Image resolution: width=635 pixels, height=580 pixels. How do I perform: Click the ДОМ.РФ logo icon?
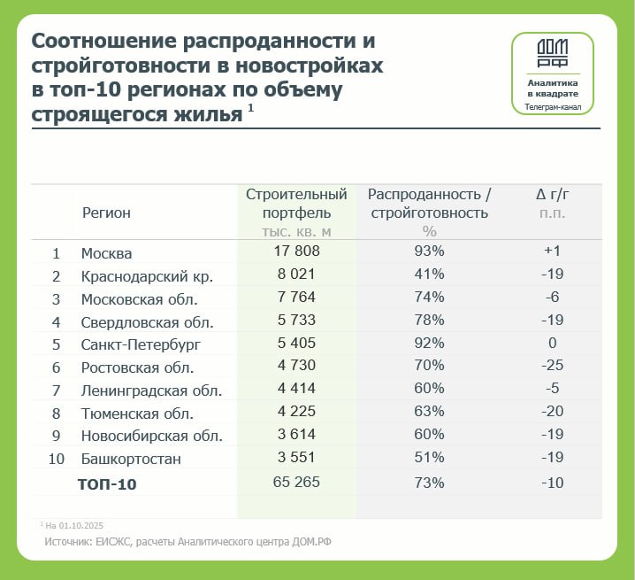click(553, 54)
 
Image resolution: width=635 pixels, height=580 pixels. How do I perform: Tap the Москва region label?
click(106, 253)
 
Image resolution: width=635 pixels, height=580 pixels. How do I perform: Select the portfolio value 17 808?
click(296, 251)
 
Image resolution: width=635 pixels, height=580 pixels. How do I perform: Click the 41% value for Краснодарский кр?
click(429, 275)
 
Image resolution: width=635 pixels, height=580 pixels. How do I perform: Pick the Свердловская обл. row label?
click(147, 321)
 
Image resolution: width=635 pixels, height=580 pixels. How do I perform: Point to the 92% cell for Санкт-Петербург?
click(429, 344)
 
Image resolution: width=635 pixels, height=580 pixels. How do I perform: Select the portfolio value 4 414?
click(296, 390)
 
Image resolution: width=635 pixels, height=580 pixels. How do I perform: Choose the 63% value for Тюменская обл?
click(429, 413)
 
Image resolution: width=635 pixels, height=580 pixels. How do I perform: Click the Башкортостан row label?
click(130, 460)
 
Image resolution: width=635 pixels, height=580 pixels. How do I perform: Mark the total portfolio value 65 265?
click(296, 483)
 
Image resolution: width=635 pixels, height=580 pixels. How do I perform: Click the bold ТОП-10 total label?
click(107, 484)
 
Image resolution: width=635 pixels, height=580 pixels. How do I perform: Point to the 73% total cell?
click(429, 483)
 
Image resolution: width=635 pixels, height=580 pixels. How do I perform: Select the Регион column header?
click(106, 213)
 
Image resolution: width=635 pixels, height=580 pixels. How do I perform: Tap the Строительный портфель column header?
click(296, 203)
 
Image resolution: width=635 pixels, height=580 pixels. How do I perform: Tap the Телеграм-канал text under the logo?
click(553, 106)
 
